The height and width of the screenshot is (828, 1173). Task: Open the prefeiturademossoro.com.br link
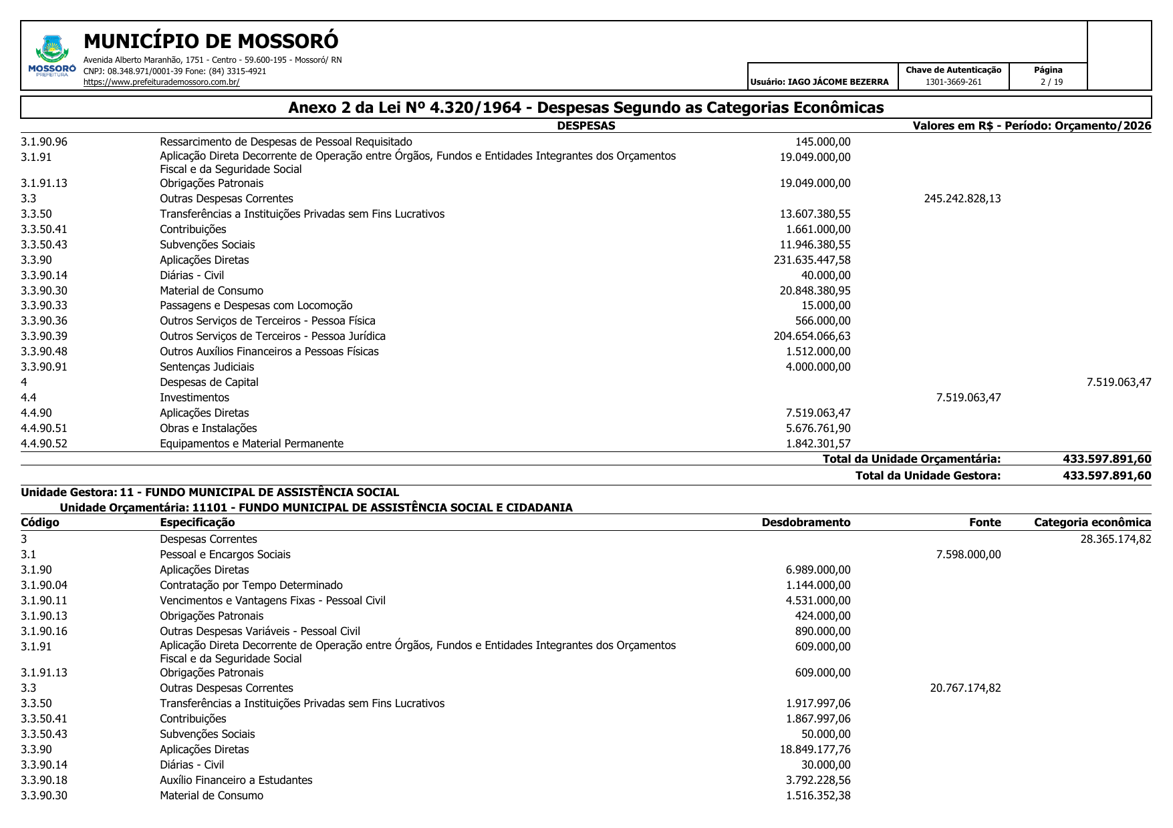point(161,82)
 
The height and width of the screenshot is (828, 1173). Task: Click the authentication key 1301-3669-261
point(953,82)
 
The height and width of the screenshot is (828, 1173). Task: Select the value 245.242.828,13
point(962,198)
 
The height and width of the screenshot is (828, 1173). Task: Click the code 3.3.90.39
point(44,336)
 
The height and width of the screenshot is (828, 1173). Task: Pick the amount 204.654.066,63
point(811,336)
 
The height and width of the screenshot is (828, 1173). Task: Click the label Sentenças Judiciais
point(207,367)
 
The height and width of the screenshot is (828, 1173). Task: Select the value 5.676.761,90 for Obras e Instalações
point(818,428)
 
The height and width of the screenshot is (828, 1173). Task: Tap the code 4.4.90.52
point(44,443)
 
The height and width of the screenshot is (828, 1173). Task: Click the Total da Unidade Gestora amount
point(1106,475)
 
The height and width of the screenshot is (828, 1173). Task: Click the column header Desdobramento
point(805,522)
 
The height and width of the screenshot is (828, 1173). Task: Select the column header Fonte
point(985,522)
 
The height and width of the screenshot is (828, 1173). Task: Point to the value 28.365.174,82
point(1116,539)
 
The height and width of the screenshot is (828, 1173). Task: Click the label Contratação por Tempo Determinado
point(251,585)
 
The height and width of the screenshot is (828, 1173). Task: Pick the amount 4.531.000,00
point(818,600)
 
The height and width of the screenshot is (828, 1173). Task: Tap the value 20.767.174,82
point(965,688)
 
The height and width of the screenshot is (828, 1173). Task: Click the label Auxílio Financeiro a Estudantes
point(236,780)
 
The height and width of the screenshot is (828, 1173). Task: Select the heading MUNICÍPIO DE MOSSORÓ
point(211,41)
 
